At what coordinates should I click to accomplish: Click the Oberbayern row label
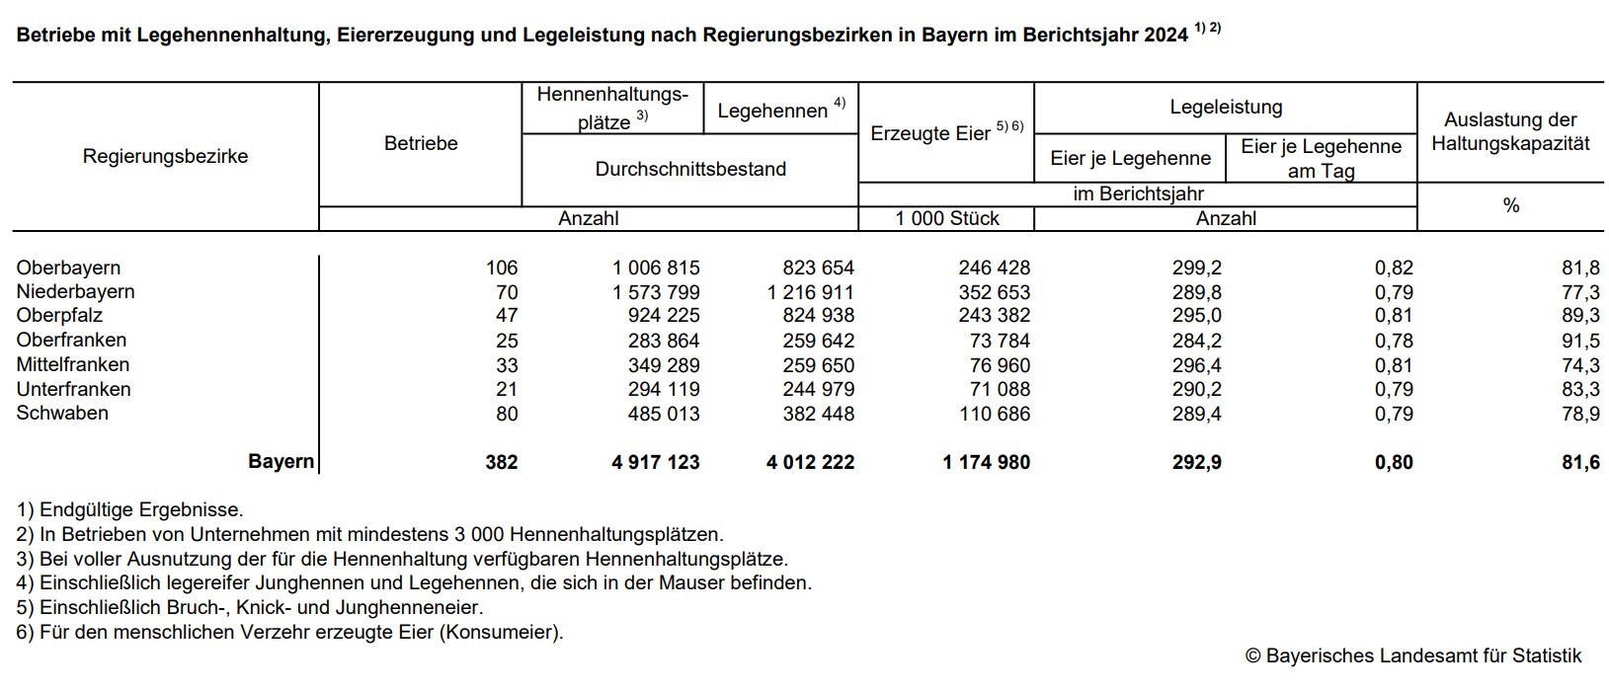68,268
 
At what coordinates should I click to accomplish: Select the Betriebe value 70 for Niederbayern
507,292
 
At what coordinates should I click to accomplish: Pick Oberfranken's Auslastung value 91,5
1580,341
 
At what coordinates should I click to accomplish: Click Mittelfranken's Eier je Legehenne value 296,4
1196,365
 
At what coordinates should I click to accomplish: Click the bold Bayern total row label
281,462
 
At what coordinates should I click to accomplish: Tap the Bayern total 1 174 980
986,462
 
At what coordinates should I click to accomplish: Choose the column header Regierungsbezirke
165,156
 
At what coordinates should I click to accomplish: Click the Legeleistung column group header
1226,108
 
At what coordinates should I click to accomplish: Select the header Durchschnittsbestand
690,169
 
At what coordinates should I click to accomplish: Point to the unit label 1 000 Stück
947,218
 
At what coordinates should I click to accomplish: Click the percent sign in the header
1510,205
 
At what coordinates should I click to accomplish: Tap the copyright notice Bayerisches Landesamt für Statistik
1413,655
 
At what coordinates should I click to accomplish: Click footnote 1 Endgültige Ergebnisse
129,510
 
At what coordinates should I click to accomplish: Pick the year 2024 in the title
1166,36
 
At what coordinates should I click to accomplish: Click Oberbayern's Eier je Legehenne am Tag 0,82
1394,268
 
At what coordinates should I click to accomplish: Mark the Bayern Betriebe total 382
501,462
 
